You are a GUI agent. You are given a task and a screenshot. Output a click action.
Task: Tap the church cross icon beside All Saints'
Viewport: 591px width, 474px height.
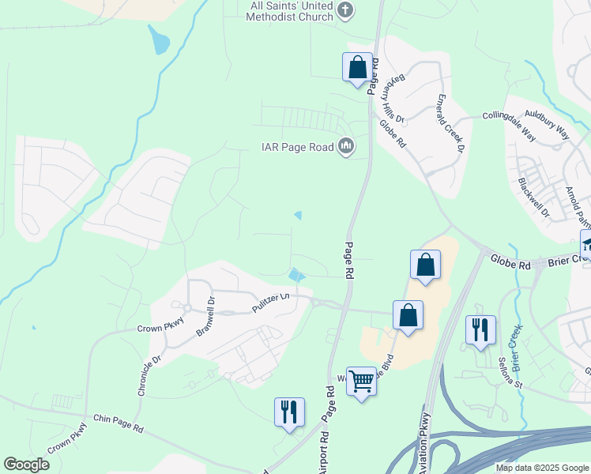coord(344,10)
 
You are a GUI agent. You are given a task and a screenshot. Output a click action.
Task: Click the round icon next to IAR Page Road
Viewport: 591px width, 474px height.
coord(346,146)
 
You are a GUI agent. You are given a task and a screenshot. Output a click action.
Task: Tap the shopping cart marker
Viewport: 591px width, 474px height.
coord(361,381)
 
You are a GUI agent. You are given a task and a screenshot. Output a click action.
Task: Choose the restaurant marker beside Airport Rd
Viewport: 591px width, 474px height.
coord(289,412)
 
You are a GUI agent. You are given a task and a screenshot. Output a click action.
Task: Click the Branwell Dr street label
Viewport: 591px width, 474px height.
coord(205,317)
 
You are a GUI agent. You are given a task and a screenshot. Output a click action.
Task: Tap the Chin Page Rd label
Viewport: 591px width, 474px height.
coord(119,427)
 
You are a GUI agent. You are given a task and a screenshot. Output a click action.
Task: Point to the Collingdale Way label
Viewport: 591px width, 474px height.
coord(510,126)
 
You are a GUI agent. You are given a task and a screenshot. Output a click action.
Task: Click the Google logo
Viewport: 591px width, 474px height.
coord(26,465)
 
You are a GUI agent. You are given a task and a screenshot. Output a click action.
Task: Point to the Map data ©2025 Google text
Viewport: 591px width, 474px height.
coord(541,468)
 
